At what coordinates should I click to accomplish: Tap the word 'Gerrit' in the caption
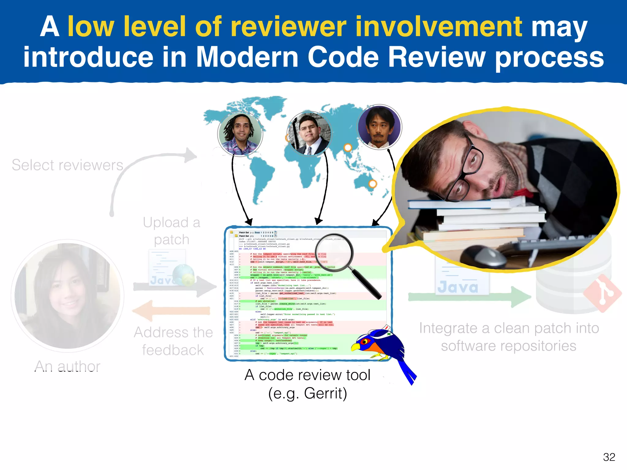325,393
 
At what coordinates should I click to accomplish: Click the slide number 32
609,457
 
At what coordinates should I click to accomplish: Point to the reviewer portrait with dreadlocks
240,133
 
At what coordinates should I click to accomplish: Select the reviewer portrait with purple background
380,127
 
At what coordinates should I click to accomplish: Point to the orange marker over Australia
373,184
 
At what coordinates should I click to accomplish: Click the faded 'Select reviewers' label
67,165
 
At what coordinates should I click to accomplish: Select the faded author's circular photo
67,295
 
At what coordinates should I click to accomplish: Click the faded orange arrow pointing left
171,311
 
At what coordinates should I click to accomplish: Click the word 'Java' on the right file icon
458,287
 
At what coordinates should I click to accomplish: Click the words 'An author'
67,366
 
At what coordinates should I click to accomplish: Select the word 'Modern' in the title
247,58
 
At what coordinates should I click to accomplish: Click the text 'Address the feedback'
173,341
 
